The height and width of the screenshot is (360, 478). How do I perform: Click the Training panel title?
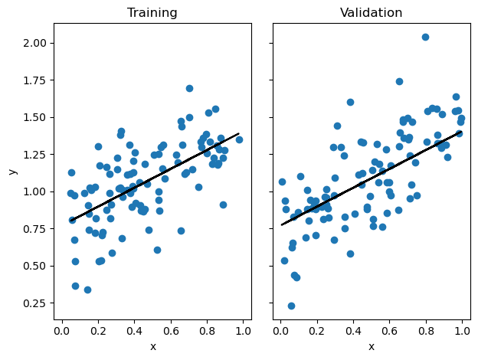pyautogui.click(x=152, y=13)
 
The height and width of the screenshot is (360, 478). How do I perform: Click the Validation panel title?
pyautogui.click(x=371, y=13)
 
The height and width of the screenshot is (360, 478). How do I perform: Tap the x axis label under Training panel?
pyautogui.click(x=152, y=346)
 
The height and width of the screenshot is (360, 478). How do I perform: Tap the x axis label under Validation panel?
pyautogui.click(x=372, y=346)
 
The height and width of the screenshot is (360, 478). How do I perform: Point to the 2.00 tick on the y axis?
pyautogui.click(x=35, y=43)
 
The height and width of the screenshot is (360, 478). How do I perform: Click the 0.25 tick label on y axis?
pyautogui.click(x=35, y=303)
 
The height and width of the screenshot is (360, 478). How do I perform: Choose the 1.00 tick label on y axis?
pyautogui.click(x=35, y=191)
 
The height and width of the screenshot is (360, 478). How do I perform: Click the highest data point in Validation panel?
pyautogui.click(x=425, y=37)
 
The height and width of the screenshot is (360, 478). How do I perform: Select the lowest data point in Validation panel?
pyautogui.click(x=291, y=306)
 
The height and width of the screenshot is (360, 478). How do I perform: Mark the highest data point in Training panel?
pyautogui.click(x=189, y=88)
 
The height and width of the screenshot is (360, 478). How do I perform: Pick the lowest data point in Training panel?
pyautogui.click(x=87, y=290)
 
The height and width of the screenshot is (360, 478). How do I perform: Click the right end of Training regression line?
pyautogui.click(x=239, y=133)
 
